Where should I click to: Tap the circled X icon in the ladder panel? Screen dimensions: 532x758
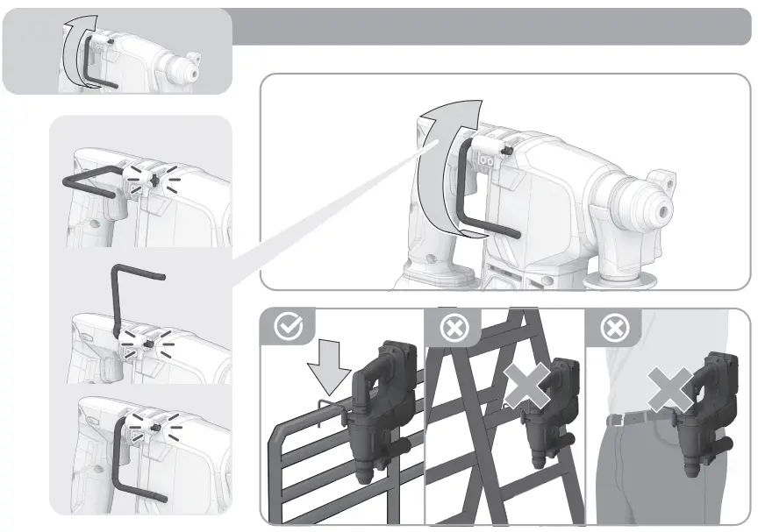(x=454, y=329)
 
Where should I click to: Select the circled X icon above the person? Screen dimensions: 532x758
(x=613, y=329)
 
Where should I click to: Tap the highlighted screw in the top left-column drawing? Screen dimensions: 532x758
(x=153, y=180)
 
